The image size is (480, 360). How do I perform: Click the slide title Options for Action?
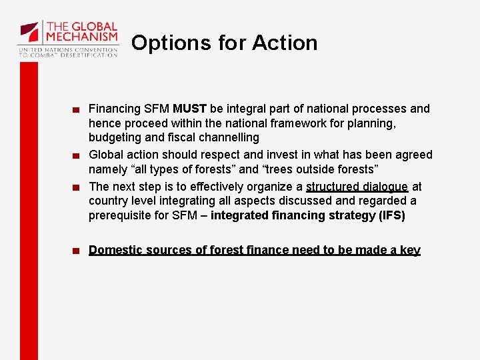click(225, 43)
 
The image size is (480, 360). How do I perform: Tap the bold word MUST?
click(189, 109)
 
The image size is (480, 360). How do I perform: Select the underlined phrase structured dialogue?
click(357, 187)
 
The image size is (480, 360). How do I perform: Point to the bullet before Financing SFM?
click(78, 109)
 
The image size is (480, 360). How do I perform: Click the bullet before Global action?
click(78, 155)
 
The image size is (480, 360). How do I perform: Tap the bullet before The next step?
click(78, 187)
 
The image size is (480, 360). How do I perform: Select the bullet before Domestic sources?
click(78, 251)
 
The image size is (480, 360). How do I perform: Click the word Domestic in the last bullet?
click(115, 250)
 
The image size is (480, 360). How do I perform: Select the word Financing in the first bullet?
click(115, 109)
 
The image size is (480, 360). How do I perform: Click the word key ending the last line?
click(410, 250)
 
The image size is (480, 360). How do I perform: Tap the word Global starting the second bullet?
click(106, 155)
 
